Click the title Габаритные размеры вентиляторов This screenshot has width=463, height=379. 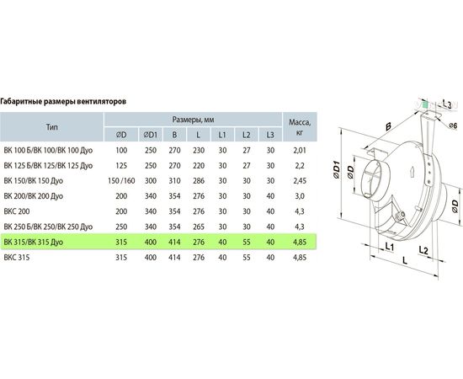tap(63, 102)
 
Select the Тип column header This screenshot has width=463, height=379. tap(52, 127)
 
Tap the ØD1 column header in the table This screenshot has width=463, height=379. tap(151, 135)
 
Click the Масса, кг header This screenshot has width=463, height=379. tap(300, 127)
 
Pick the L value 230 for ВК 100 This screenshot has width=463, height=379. tap(199, 151)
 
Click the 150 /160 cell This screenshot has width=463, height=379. tap(121, 181)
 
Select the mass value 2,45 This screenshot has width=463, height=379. tap(300, 181)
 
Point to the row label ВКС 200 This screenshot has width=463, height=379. tap(17, 211)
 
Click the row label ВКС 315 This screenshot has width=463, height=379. tap(17, 258)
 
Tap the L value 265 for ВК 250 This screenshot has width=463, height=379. tap(199, 227)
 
